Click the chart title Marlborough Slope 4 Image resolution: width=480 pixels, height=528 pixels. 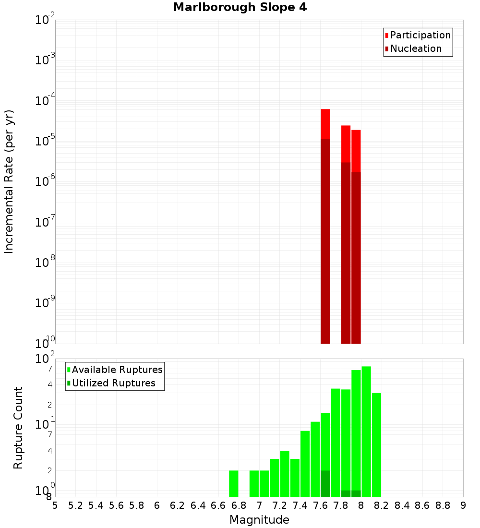(x=240, y=8)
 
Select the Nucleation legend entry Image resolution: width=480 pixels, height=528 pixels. (x=415, y=48)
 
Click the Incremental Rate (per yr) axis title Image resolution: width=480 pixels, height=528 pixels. (x=9, y=182)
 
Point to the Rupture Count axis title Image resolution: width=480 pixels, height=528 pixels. (x=18, y=428)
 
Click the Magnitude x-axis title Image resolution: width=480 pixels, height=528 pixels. (x=259, y=520)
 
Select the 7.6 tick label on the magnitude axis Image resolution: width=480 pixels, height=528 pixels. (x=320, y=505)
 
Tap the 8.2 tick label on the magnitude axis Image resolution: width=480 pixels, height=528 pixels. (x=382, y=505)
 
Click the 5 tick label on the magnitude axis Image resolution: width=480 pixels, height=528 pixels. (x=55, y=505)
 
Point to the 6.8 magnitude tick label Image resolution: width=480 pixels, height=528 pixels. (x=239, y=505)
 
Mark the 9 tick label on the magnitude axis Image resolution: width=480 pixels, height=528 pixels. (x=463, y=505)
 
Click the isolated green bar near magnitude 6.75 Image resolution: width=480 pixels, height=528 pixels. (x=234, y=483)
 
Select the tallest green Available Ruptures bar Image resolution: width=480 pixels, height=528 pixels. (x=366, y=432)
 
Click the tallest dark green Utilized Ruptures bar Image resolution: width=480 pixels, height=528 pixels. (x=325, y=483)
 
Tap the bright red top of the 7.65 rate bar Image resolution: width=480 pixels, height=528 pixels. (x=325, y=124)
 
